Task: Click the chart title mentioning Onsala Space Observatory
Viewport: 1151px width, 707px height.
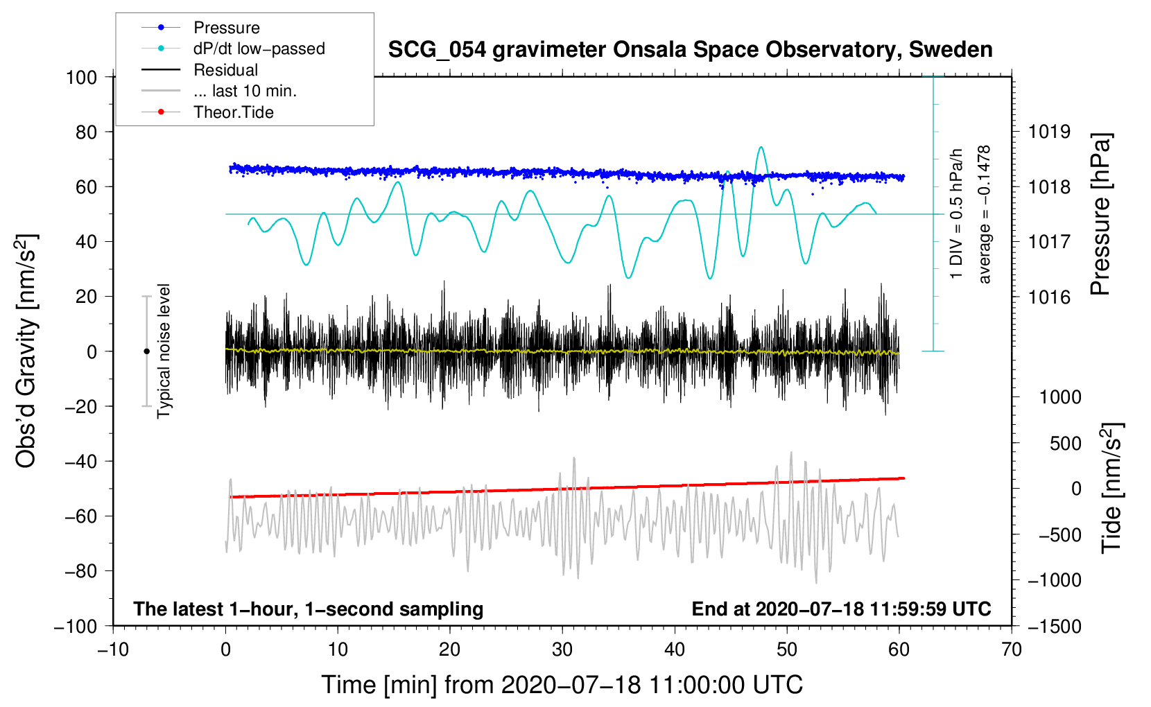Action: pyautogui.click(x=690, y=50)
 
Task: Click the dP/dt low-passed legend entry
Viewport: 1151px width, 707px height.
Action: pyautogui.click(x=259, y=49)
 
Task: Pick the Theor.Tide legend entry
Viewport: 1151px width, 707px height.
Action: pyautogui.click(x=233, y=112)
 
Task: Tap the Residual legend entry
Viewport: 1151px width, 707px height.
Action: pyautogui.click(x=225, y=70)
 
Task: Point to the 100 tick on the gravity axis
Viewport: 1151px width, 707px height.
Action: pyautogui.click(x=81, y=77)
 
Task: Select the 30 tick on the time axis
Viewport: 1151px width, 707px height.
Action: pyautogui.click(x=562, y=649)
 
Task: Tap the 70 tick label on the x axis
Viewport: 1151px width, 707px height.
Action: pyautogui.click(x=1012, y=649)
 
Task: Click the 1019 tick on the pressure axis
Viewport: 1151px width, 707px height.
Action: pyautogui.click(x=1049, y=132)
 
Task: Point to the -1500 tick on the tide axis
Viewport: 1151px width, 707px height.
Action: pyautogui.click(x=1054, y=626)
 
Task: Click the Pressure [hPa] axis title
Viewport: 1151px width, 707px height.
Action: pyautogui.click(x=1100, y=215)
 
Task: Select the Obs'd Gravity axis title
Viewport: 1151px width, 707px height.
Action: pyautogui.click(x=26, y=351)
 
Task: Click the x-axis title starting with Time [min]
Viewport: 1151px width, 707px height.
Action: pyautogui.click(x=562, y=685)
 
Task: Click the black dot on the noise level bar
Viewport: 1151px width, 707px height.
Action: pyautogui.click(x=146, y=351)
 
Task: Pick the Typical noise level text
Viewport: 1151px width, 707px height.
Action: pyautogui.click(x=164, y=351)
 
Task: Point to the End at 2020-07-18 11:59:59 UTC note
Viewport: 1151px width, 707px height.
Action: pyautogui.click(x=841, y=609)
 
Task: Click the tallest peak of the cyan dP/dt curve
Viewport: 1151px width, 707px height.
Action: pyautogui.click(x=761, y=147)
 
